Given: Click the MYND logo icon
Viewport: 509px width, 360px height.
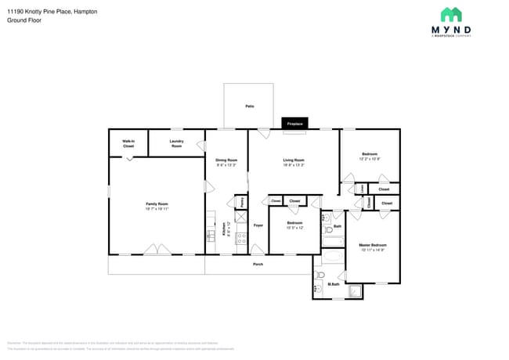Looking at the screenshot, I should coord(451,15).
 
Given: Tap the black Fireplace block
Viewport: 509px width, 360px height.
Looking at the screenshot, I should coord(294,124).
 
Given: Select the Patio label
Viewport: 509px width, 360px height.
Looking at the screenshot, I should coord(249,106).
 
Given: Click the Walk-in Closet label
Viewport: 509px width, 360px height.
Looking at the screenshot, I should coord(128,144).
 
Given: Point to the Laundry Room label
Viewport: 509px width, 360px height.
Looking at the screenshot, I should coord(176,144).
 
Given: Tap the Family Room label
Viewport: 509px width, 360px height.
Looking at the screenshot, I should coord(157,205).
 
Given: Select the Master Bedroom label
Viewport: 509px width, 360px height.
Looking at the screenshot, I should coord(373,246).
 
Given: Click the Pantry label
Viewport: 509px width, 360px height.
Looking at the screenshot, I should coord(242,202).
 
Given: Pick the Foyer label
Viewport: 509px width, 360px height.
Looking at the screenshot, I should coord(258,225).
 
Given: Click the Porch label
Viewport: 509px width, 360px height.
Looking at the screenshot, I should coord(258,264).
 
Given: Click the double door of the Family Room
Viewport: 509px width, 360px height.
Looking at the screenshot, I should coord(157,250).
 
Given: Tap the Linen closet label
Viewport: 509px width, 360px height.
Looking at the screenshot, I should coord(362,189).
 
